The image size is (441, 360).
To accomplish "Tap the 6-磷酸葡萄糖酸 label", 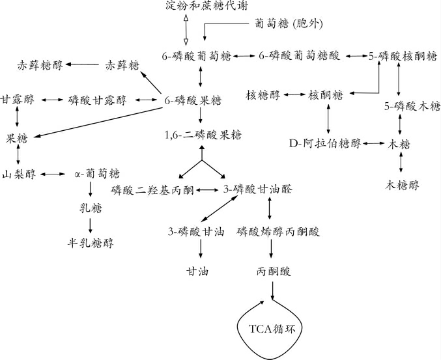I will [x=299, y=57].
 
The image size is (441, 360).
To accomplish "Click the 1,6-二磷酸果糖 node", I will [x=203, y=135].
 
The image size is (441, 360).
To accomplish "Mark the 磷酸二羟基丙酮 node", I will [x=152, y=189].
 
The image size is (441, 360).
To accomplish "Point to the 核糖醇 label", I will [x=264, y=94].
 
